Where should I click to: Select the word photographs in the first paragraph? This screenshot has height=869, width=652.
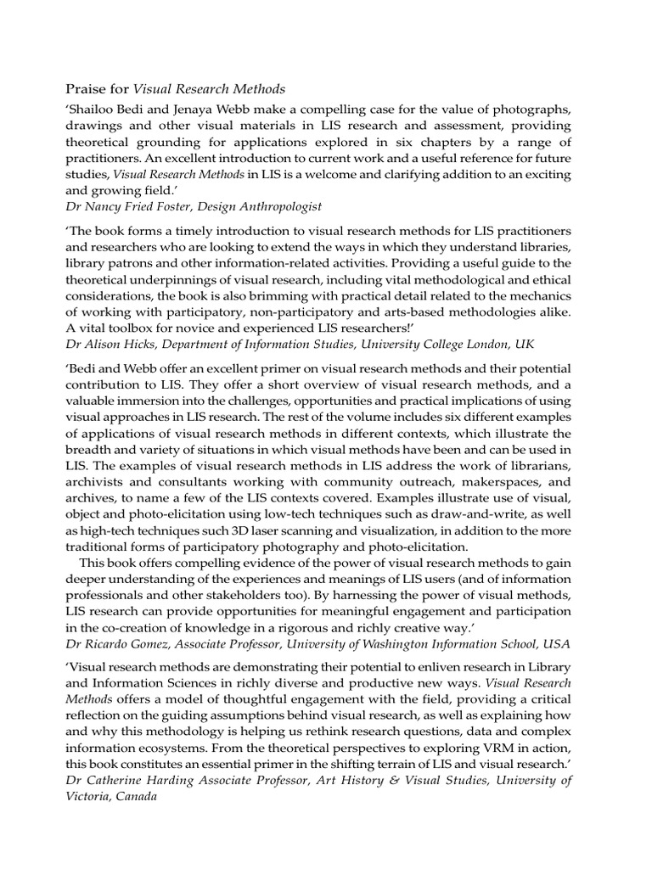[537, 110]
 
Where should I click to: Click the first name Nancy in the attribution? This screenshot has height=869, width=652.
[104, 206]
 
